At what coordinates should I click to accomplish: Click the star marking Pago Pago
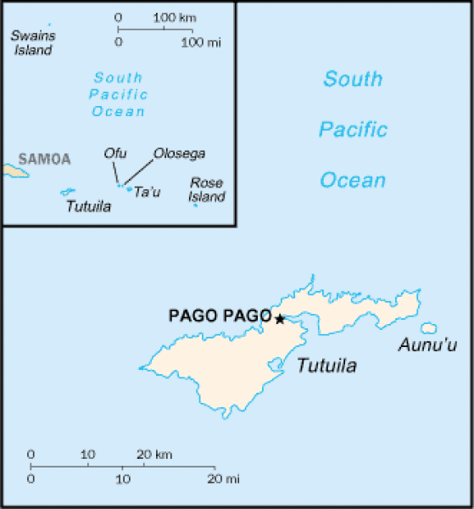[280, 318]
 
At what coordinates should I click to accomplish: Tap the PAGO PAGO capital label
[220, 316]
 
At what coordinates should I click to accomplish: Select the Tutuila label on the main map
[326, 366]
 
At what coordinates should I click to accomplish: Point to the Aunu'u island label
[427, 344]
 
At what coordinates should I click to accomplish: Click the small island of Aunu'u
[428, 328]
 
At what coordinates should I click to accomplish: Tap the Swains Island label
[31, 42]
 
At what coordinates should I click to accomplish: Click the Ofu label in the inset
[115, 153]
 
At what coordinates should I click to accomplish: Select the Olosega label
[179, 154]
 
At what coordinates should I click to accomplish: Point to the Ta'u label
[148, 193]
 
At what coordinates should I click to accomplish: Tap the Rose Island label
[206, 190]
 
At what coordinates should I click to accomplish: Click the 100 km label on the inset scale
[175, 17]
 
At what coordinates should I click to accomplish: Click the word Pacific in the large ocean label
[353, 130]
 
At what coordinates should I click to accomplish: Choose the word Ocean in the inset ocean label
[119, 111]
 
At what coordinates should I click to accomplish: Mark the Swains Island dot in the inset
[49, 25]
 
